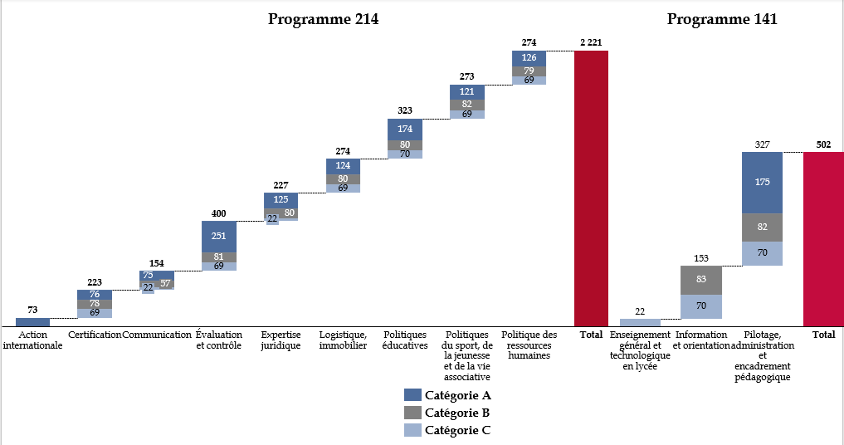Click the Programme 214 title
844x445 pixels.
pos(323,20)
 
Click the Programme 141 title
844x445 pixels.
pos(722,20)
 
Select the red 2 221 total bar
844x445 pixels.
pos(591,188)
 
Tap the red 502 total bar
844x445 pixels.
pos(823,238)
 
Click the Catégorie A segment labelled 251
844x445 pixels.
pos(219,236)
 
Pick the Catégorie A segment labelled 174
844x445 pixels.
pos(405,129)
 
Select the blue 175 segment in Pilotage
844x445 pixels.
pos(763,182)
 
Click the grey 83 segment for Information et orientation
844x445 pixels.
pos(701,280)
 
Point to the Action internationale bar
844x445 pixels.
pos(32,322)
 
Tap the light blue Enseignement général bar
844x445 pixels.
pos(640,322)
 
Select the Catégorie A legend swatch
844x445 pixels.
pos(412,395)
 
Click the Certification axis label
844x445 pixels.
pos(95,335)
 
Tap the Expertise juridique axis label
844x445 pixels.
pos(281,340)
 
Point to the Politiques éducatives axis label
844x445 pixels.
pos(405,340)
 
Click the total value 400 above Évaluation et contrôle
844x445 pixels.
pos(219,213)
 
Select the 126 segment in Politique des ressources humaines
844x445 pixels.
pos(529,57)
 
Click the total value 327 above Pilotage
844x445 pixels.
pos(763,144)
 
